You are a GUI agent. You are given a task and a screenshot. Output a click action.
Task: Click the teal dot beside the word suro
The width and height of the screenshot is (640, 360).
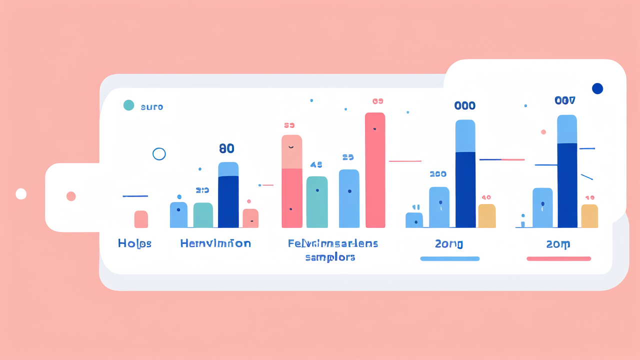128,105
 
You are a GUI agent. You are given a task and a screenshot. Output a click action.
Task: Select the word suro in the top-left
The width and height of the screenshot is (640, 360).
152,107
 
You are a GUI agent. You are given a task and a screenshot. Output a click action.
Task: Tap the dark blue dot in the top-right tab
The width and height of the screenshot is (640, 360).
597,88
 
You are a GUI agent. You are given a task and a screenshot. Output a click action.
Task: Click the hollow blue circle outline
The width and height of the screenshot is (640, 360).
159,154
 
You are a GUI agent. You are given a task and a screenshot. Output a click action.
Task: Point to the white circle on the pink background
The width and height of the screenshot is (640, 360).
21,194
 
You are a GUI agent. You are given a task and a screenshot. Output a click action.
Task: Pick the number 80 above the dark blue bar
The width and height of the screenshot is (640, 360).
226,148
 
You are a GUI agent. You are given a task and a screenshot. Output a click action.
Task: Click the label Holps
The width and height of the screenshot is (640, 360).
134,243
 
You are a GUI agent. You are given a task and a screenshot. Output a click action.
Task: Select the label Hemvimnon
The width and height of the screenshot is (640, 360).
215,243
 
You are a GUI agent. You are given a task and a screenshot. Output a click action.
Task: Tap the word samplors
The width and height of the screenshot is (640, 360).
330,257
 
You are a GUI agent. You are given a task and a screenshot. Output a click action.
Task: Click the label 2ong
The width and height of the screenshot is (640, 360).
448,244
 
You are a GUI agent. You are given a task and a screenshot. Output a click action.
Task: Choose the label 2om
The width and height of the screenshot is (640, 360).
558,244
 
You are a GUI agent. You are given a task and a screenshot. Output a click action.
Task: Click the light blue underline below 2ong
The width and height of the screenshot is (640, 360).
449,258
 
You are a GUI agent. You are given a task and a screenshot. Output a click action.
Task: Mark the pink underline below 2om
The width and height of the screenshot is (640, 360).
558,258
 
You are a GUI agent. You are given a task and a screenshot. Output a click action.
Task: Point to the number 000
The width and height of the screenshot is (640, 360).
464,106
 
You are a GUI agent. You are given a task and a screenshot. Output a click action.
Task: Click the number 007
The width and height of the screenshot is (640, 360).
565,100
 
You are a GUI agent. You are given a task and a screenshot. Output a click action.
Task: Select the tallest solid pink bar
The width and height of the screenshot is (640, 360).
375,170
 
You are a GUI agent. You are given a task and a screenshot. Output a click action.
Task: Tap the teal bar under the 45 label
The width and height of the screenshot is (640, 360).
317,202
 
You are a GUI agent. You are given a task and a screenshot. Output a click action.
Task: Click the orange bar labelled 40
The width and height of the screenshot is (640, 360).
486,216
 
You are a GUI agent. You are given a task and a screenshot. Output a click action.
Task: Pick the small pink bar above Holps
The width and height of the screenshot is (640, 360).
141,219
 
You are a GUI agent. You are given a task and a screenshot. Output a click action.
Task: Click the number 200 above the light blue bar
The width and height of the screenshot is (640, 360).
438,174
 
